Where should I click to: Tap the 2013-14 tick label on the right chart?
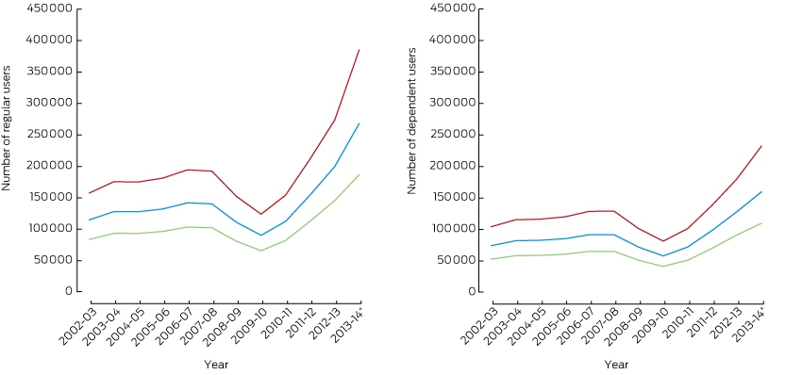click(749, 327)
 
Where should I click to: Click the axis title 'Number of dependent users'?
click(411, 122)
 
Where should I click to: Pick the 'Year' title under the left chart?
click(216, 365)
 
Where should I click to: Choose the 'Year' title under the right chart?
click(616, 365)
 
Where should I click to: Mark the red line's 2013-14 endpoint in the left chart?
click(360, 50)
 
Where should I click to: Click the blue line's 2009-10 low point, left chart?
click(262, 235)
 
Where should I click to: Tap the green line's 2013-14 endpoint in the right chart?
click(762, 222)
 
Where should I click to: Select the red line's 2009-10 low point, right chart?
click(664, 240)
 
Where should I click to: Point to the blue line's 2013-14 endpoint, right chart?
click(762, 191)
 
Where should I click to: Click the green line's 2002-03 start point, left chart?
click(90, 239)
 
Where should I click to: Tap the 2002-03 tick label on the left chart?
click(75, 327)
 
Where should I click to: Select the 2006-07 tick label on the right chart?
click(575, 327)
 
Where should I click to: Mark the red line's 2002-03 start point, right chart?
click(492, 226)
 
